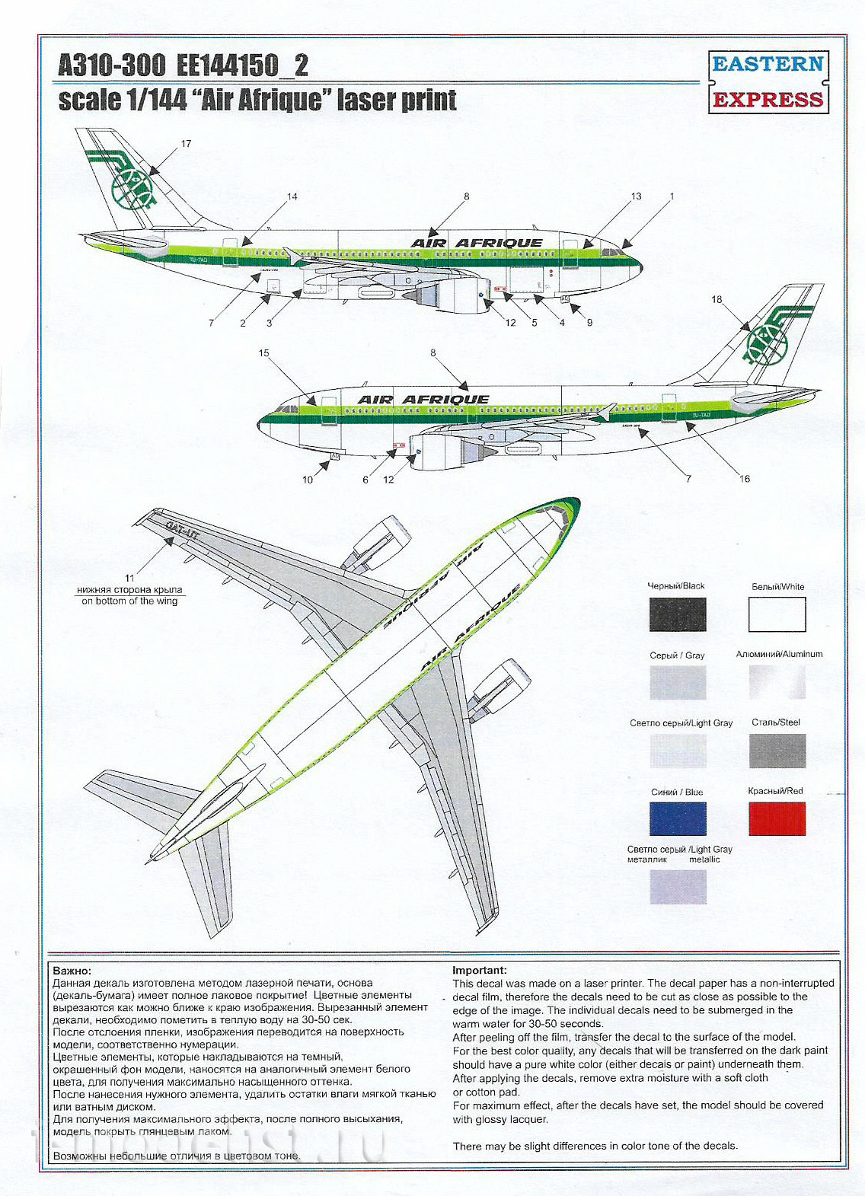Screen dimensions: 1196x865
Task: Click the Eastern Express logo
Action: tap(768, 81)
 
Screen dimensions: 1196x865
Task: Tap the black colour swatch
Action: tap(678, 614)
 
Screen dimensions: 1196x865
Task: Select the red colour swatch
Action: tap(777, 819)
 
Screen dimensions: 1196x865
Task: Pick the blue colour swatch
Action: tap(678, 819)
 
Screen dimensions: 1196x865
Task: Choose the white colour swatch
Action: tap(777, 614)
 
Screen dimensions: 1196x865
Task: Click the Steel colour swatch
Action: tap(777, 751)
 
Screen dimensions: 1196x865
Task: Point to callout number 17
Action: tap(186, 144)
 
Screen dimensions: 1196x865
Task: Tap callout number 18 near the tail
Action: tap(717, 299)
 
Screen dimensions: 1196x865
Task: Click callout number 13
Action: tap(636, 196)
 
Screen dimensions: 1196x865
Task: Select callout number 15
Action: tap(264, 353)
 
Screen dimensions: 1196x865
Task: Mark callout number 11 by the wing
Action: tap(129, 579)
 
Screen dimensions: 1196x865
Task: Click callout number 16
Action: tap(745, 479)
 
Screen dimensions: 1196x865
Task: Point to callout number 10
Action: tap(308, 480)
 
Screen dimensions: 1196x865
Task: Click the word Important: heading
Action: tap(479, 971)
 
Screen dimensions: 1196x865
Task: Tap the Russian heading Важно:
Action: tap(72, 971)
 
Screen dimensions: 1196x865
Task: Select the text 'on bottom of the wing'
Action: tap(129, 601)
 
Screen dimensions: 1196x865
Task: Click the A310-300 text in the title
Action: tap(112, 65)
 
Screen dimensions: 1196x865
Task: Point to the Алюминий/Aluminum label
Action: tap(779, 654)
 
